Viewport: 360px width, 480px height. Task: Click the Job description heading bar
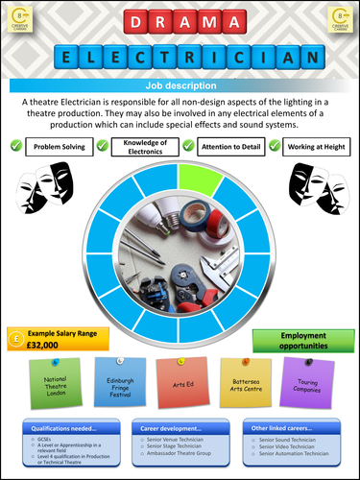179,85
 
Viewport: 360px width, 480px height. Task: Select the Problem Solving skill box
60,146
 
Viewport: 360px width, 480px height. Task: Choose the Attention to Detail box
230,146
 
